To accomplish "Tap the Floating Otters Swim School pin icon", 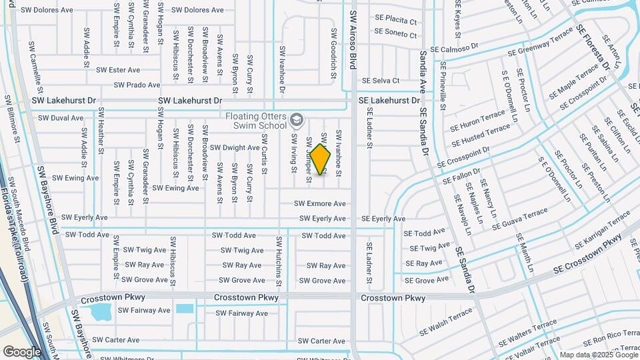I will [x=297, y=121].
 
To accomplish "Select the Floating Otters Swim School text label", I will [x=256, y=121].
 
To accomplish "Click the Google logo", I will [x=22, y=351].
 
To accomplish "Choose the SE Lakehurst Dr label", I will [x=389, y=101].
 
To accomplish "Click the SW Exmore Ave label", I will [x=320, y=203].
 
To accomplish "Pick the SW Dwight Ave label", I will [x=235, y=147].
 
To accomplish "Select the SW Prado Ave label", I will [x=137, y=85].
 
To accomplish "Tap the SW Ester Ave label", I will [x=118, y=69].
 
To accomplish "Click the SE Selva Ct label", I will [x=377, y=81].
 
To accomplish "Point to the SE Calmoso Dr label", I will [x=455, y=49].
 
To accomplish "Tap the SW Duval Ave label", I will [x=61, y=117].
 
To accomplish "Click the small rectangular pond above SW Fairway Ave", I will [x=185, y=309].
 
